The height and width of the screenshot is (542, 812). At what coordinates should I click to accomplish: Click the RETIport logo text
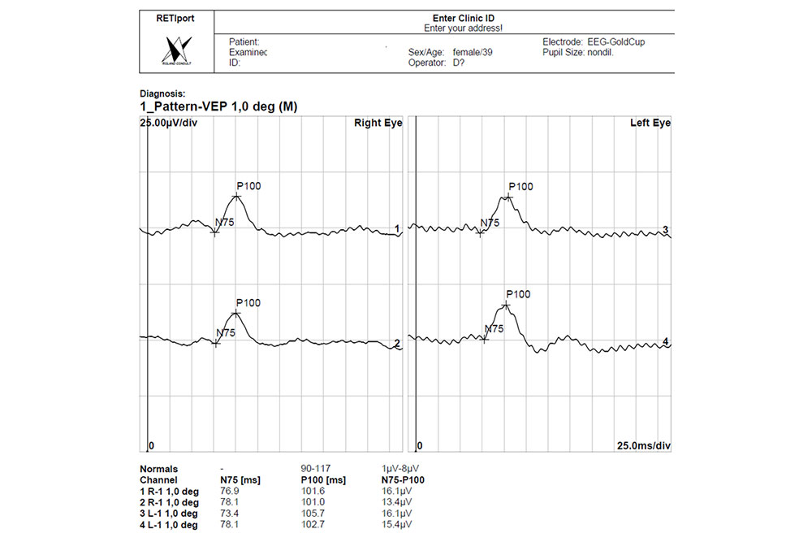pos(175,18)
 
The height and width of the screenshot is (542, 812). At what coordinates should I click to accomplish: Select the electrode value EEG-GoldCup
pos(616,41)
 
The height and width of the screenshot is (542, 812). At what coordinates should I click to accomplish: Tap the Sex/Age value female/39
pos(473,52)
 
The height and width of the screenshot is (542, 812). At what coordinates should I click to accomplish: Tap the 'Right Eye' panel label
pos(378,123)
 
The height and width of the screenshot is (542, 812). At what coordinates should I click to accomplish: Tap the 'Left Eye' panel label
pos(650,123)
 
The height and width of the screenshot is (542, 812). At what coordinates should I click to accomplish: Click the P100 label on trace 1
pos(248,186)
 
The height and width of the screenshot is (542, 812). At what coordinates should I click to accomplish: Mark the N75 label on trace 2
pos(226,332)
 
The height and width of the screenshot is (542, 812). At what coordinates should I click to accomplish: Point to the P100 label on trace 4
pos(518,294)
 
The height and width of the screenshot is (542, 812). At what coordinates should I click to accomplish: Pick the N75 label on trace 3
pos(490,223)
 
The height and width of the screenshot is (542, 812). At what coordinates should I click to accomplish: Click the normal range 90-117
pos(315,469)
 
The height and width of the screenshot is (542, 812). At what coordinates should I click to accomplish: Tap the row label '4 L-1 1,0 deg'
pos(169,524)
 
